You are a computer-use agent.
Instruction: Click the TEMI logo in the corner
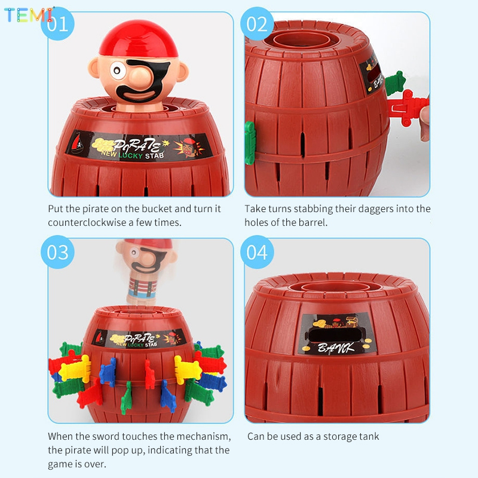click(29, 14)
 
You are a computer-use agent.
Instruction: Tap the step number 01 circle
click(57, 24)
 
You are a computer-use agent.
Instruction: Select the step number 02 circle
click(257, 24)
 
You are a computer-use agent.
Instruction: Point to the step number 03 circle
click(57, 252)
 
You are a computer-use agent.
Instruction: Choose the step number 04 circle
click(257, 252)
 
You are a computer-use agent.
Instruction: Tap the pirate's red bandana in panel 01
click(139, 39)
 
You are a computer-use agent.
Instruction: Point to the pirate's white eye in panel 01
click(117, 71)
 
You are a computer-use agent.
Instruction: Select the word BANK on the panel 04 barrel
click(336, 347)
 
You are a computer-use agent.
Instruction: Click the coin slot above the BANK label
click(335, 335)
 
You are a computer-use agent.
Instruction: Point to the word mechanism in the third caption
click(203, 437)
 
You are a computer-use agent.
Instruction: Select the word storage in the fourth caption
click(338, 437)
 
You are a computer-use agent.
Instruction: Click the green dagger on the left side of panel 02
click(250, 143)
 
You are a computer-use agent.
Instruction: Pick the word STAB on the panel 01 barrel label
click(155, 155)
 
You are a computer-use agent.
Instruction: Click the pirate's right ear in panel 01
click(182, 72)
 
